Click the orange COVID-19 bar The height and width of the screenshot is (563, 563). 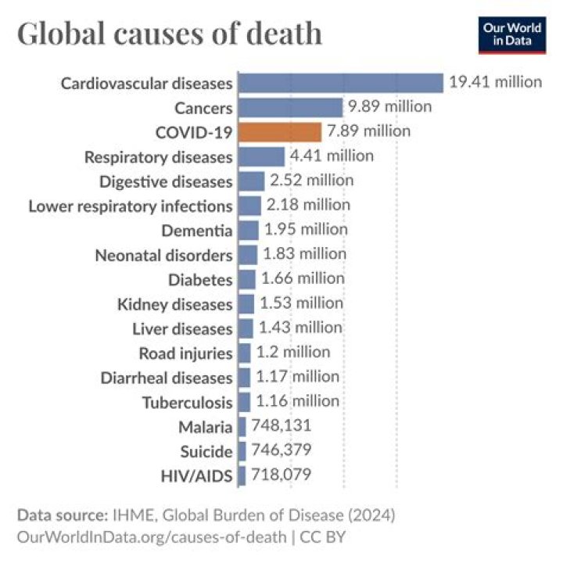coord(279,131)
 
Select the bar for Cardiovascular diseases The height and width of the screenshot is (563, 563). coord(340,82)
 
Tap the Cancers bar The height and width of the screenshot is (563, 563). coord(290,107)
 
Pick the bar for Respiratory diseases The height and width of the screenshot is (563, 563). coord(261,156)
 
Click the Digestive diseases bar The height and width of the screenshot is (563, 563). coord(251,181)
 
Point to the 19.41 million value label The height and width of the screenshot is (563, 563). coord(495,81)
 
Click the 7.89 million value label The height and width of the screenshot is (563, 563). coord(368,131)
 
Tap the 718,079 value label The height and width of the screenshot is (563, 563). coord(281,475)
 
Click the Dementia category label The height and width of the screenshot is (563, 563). coord(197,231)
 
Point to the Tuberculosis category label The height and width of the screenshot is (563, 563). coord(188,403)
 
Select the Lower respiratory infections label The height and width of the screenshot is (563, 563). coord(131,206)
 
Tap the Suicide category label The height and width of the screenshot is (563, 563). coord(206,451)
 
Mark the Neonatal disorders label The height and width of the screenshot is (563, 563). coord(163,256)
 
